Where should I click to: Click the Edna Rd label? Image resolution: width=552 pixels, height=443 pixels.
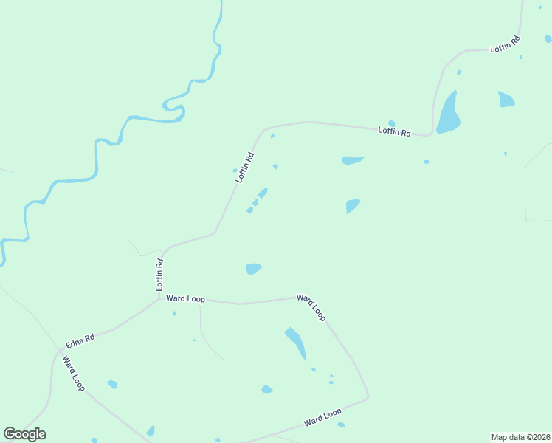(x=80, y=341)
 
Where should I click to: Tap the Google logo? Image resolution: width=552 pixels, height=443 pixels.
(x=24, y=434)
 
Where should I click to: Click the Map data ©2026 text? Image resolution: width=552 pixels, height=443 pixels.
(x=520, y=437)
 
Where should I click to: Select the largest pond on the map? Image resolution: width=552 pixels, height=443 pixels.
(x=448, y=114)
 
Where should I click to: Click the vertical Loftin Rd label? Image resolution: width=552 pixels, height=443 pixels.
(x=159, y=274)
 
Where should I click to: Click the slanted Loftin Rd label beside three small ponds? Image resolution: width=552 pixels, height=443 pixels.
(x=244, y=168)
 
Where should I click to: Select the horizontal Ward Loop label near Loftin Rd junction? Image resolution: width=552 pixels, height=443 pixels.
(x=184, y=298)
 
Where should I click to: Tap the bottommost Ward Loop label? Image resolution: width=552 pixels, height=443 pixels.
(x=322, y=418)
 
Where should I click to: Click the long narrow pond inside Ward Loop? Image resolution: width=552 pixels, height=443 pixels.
(x=296, y=343)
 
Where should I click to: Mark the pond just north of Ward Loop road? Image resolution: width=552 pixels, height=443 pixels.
(x=253, y=269)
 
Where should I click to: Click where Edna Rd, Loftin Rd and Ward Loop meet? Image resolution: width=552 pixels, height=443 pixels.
(x=160, y=298)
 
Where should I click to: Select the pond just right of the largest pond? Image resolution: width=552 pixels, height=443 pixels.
(x=506, y=99)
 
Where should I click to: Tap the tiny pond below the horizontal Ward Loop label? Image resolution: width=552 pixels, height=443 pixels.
(x=174, y=313)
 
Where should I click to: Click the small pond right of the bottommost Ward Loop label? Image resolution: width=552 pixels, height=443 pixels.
(x=341, y=425)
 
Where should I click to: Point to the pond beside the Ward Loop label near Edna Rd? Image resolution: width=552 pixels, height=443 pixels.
(x=112, y=384)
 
